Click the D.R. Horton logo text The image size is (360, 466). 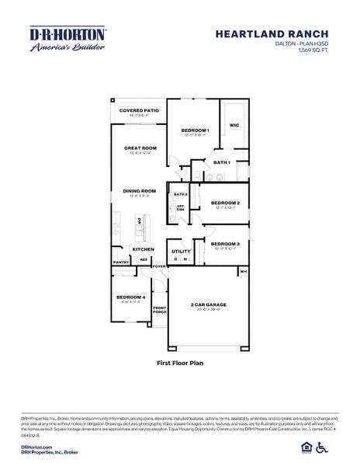click(67, 35)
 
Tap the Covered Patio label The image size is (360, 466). click(139, 111)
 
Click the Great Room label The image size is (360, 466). click(140, 148)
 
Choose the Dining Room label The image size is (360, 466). click(140, 190)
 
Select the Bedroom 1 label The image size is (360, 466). click(196, 130)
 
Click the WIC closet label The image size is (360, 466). click(234, 124)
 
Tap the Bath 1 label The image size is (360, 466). click(222, 162)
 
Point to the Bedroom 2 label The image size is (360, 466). click(225, 203)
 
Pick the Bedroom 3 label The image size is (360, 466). click(225, 243)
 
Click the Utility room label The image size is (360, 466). click(181, 251)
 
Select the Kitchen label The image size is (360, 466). click(143, 249)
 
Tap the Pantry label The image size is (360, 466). click(121, 263)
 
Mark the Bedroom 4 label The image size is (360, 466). click(130, 297)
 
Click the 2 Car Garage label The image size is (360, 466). click(206, 305)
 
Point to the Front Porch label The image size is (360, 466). click(159, 311)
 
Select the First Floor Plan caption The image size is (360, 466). click(180, 363)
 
